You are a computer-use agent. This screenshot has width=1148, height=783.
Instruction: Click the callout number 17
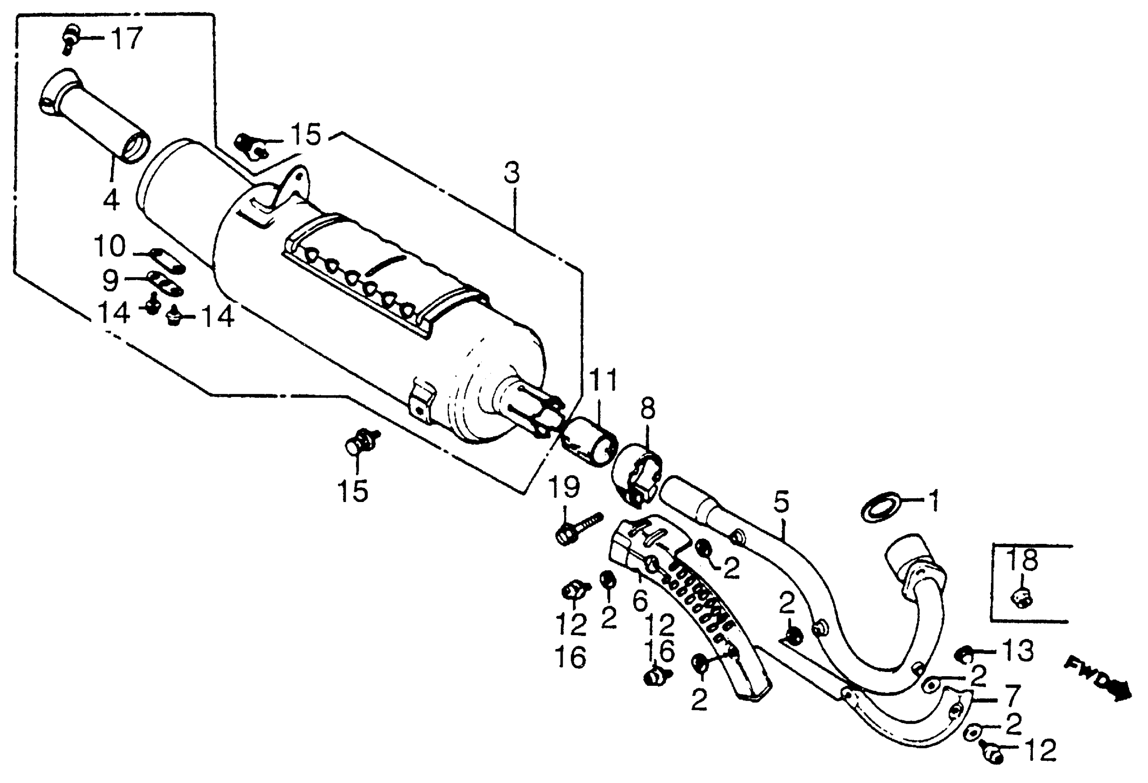click(x=127, y=39)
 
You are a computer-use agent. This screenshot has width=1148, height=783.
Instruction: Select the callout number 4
click(x=111, y=199)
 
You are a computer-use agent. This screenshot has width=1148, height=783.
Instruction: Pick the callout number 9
click(x=111, y=280)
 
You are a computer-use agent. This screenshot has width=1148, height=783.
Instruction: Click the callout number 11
click(x=604, y=380)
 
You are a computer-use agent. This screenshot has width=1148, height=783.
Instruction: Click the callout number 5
click(x=781, y=502)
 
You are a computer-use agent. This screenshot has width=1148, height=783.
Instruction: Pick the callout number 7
click(x=1012, y=696)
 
